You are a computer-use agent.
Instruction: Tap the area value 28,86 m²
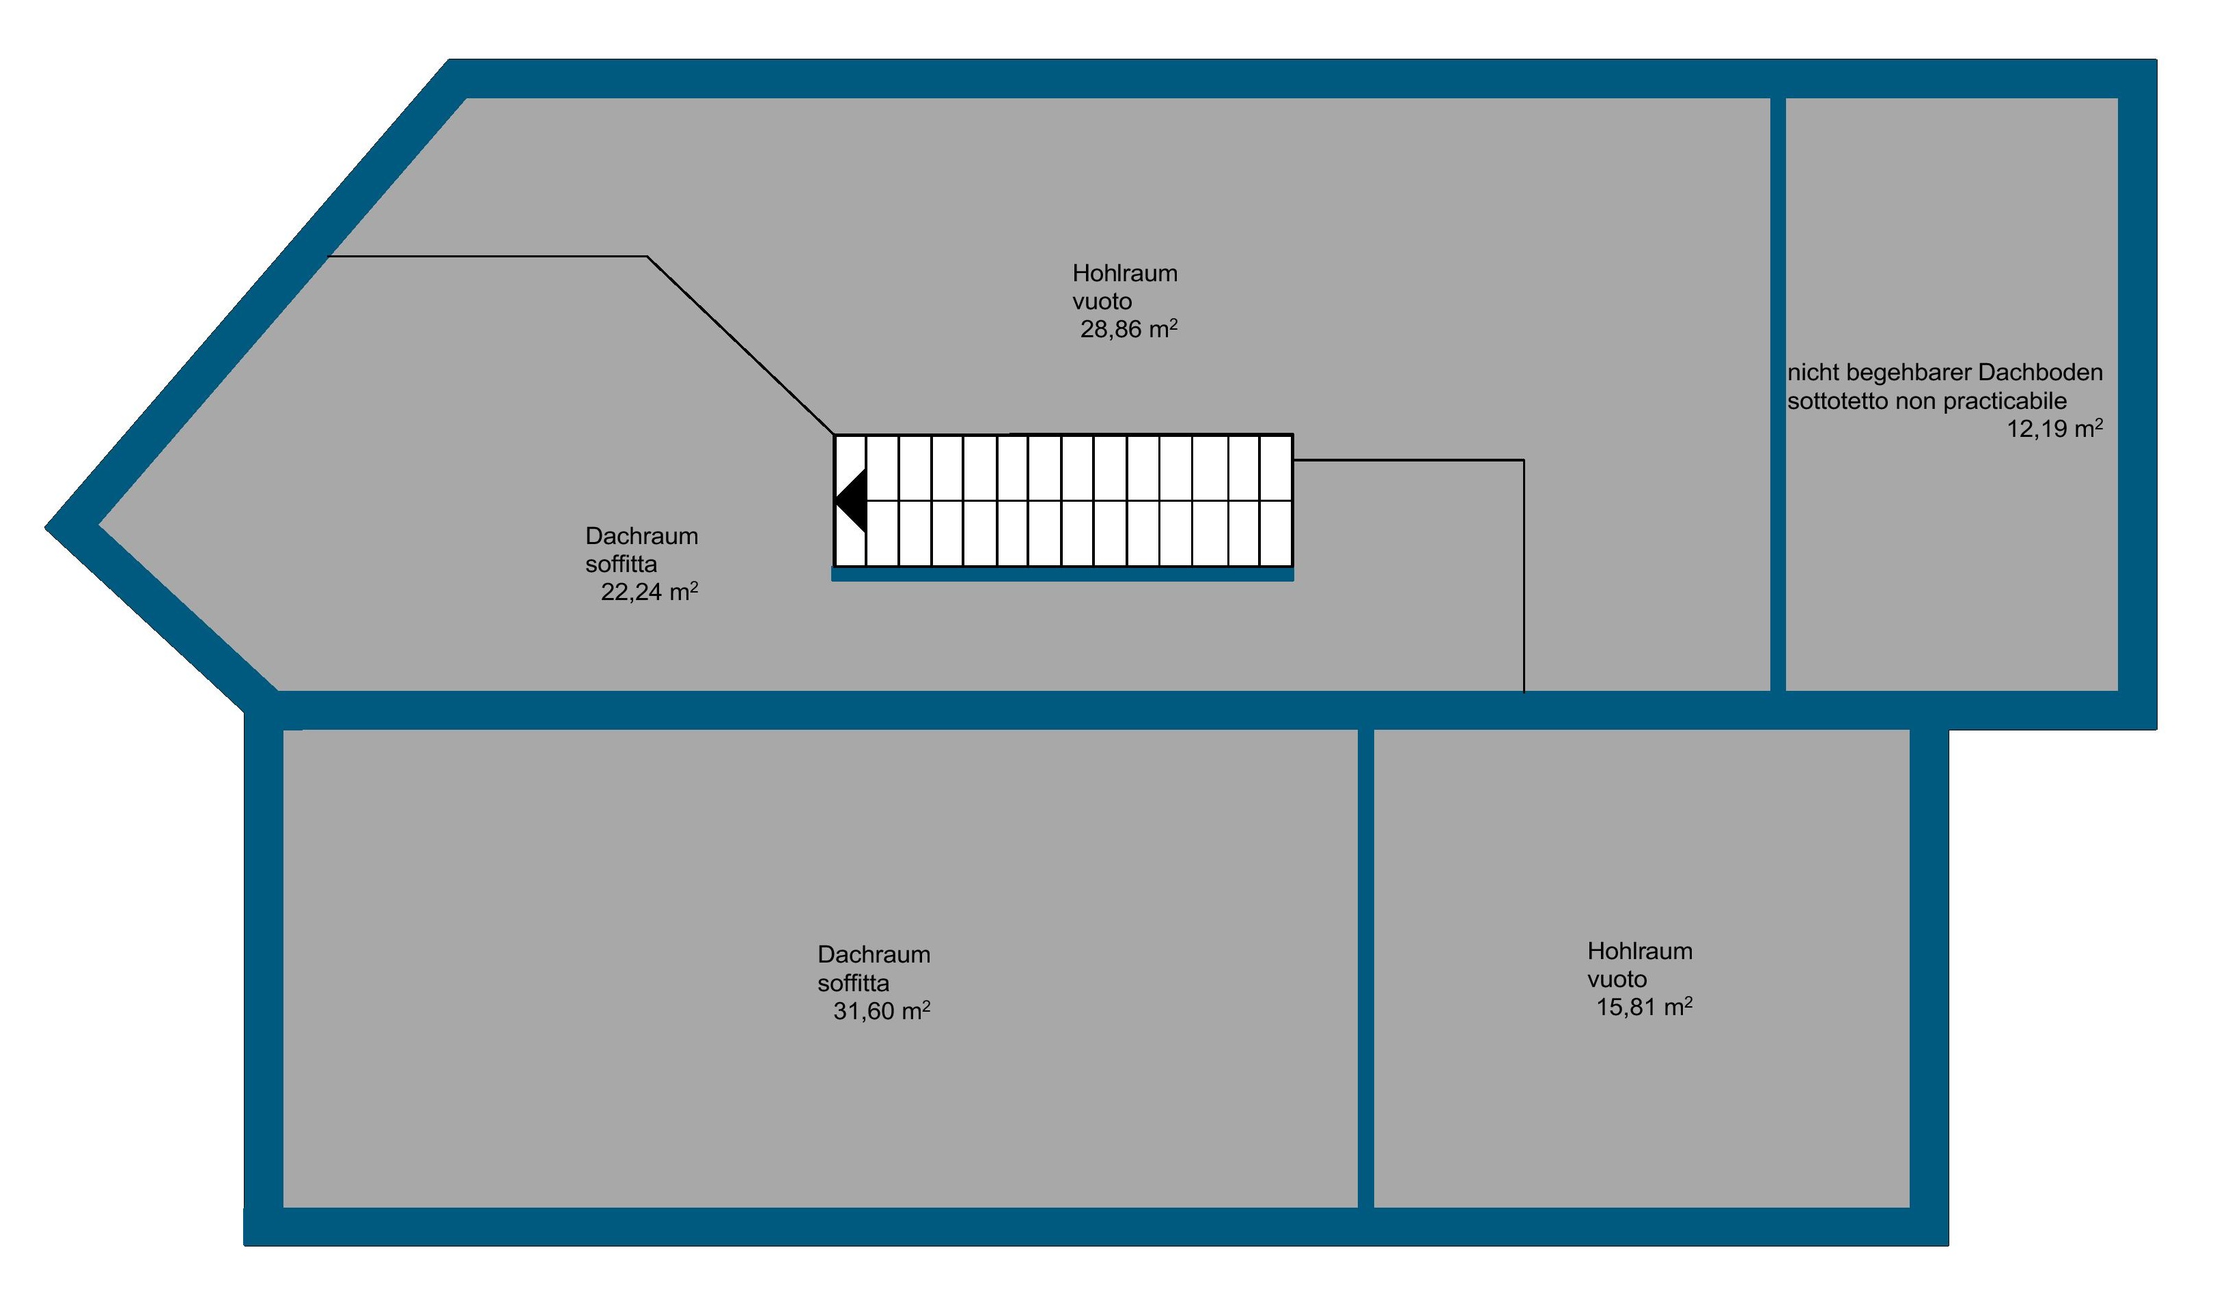[x=1128, y=330]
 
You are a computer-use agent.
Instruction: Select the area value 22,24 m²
[x=649, y=593]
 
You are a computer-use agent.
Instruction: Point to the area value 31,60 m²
[x=881, y=1011]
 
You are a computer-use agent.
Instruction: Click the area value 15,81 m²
[x=1643, y=1008]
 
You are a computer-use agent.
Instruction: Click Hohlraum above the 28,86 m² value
[x=1125, y=273]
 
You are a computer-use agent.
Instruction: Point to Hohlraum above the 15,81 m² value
[x=1640, y=951]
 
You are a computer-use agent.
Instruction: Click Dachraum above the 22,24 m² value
[x=641, y=536]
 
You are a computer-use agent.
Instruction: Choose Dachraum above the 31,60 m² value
[x=874, y=954]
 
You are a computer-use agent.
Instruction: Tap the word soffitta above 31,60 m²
[x=853, y=983]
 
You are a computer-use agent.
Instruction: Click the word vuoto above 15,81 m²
[x=1617, y=979]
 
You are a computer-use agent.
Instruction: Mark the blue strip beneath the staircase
[x=1062, y=575]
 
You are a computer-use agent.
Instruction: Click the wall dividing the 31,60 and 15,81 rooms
[x=1365, y=968]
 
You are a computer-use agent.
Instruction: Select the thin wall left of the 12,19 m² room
[x=1777, y=394]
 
